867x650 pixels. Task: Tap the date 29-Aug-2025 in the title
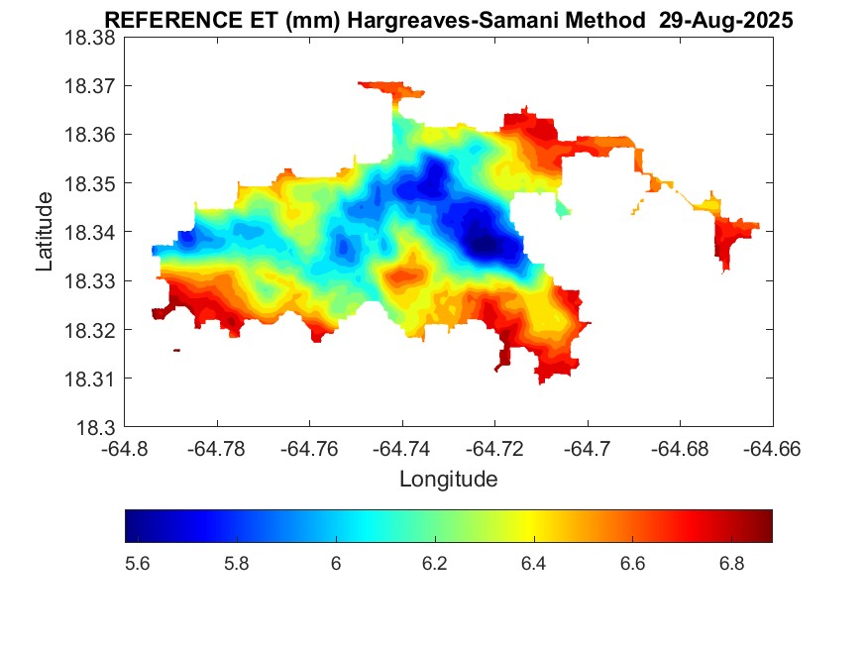pyautogui.click(x=726, y=21)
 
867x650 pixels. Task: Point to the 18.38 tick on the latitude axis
pyautogui.click(x=90, y=37)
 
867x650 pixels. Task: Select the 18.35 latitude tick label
pyautogui.click(x=90, y=183)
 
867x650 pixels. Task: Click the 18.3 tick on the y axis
pyautogui.click(x=96, y=428)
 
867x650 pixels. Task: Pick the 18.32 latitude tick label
pyautogui.click(x=90, y=330)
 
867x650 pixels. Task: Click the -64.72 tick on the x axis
pyautogui.click(x=494, y=449)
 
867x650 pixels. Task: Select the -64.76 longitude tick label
pyautogui.click(x=309, y=449)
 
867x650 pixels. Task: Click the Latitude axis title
pyautogui.click(x=45, y=232)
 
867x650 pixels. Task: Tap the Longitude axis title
pyautogui.click(x=448, y=480)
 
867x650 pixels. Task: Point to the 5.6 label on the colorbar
pyautogui.click(x=138, y=564)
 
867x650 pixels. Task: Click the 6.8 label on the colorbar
pyautogui.click(x=731, y=564)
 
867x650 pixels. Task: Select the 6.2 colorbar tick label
pyautogui.click(x=434, y=564)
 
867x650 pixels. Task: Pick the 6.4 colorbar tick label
pyautogui.click(x=533, y=564)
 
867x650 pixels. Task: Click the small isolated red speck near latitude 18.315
pyautogui.click(x=176, y=350)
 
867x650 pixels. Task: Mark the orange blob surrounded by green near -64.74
pyautogui.click(x=405, y=271)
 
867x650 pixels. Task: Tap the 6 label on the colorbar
pyautogui.click(x=336, y=564)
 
